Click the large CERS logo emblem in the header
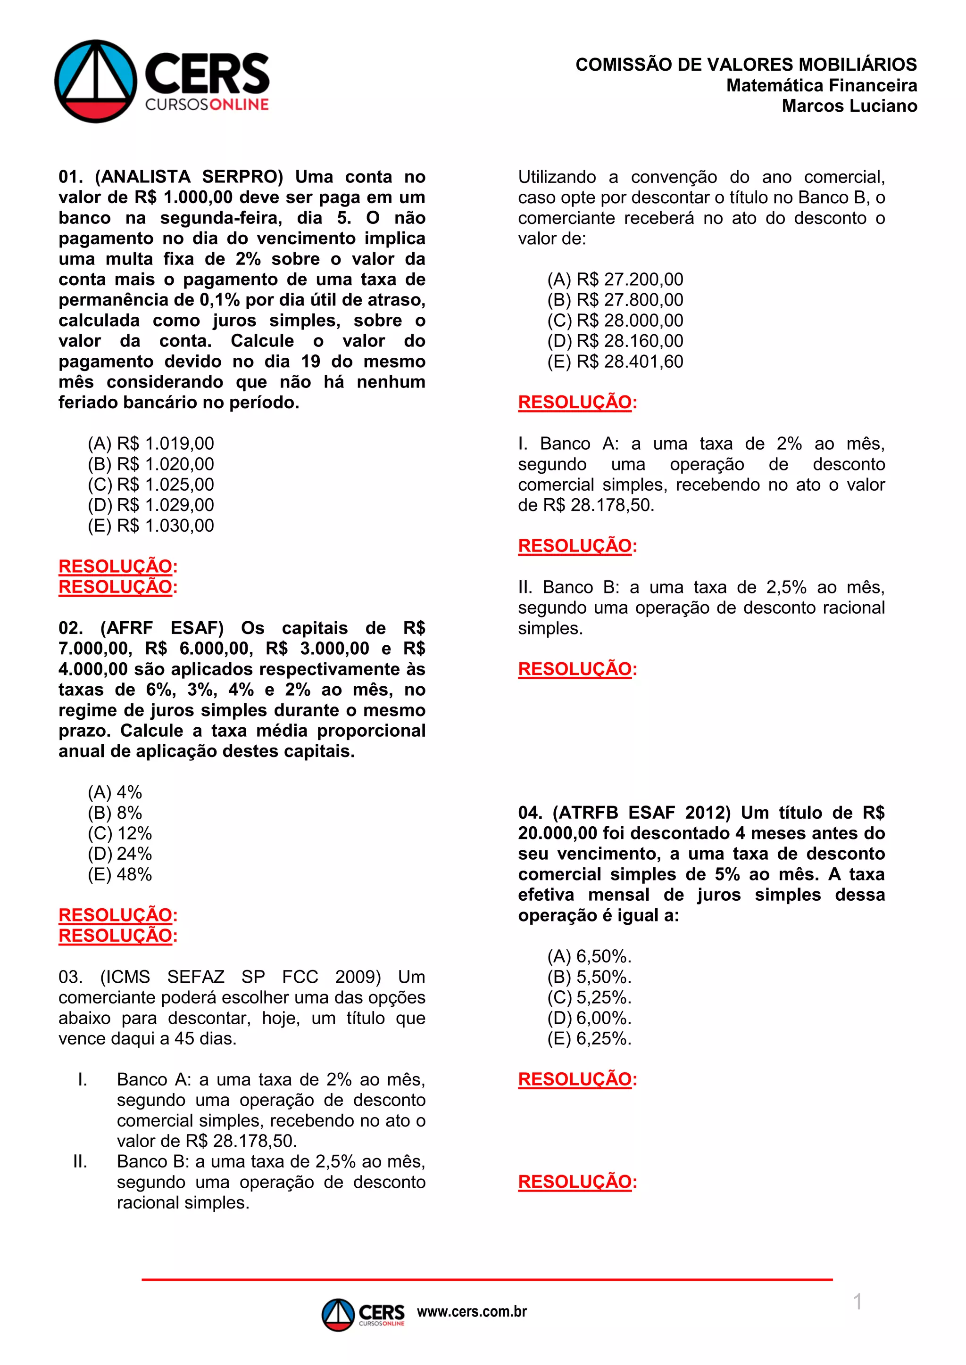pyautogui.click(x=96, y=82)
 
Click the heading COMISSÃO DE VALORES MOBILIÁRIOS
pyautogui.click(x=746, y=65)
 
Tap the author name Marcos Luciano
pyautogui.click(x=849, y=106)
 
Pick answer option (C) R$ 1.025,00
pyautogui.click(x=150, y=485)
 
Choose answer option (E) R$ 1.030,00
pyautogui.click(x=150, y=526)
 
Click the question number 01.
pyautogui.click(x=70, y=177)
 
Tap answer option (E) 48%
pyautogui.click(x=119, y=874)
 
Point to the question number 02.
pyautogui.click(x=70, y=628)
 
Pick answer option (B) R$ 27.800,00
pyautogui.click(x=615, y=300)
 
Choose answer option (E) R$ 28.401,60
pyautogui.click(x=615, y=362)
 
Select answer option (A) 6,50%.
pyautogui.click(x=589, y=956)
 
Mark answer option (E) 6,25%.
pyautogui.click(x=589, y=1039)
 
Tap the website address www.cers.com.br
pyautogui.click(x=472, y=1311)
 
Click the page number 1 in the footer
pyautogui.click(x=857, y=1302)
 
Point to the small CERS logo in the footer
pyautogui.click(x=363, y=1315)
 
